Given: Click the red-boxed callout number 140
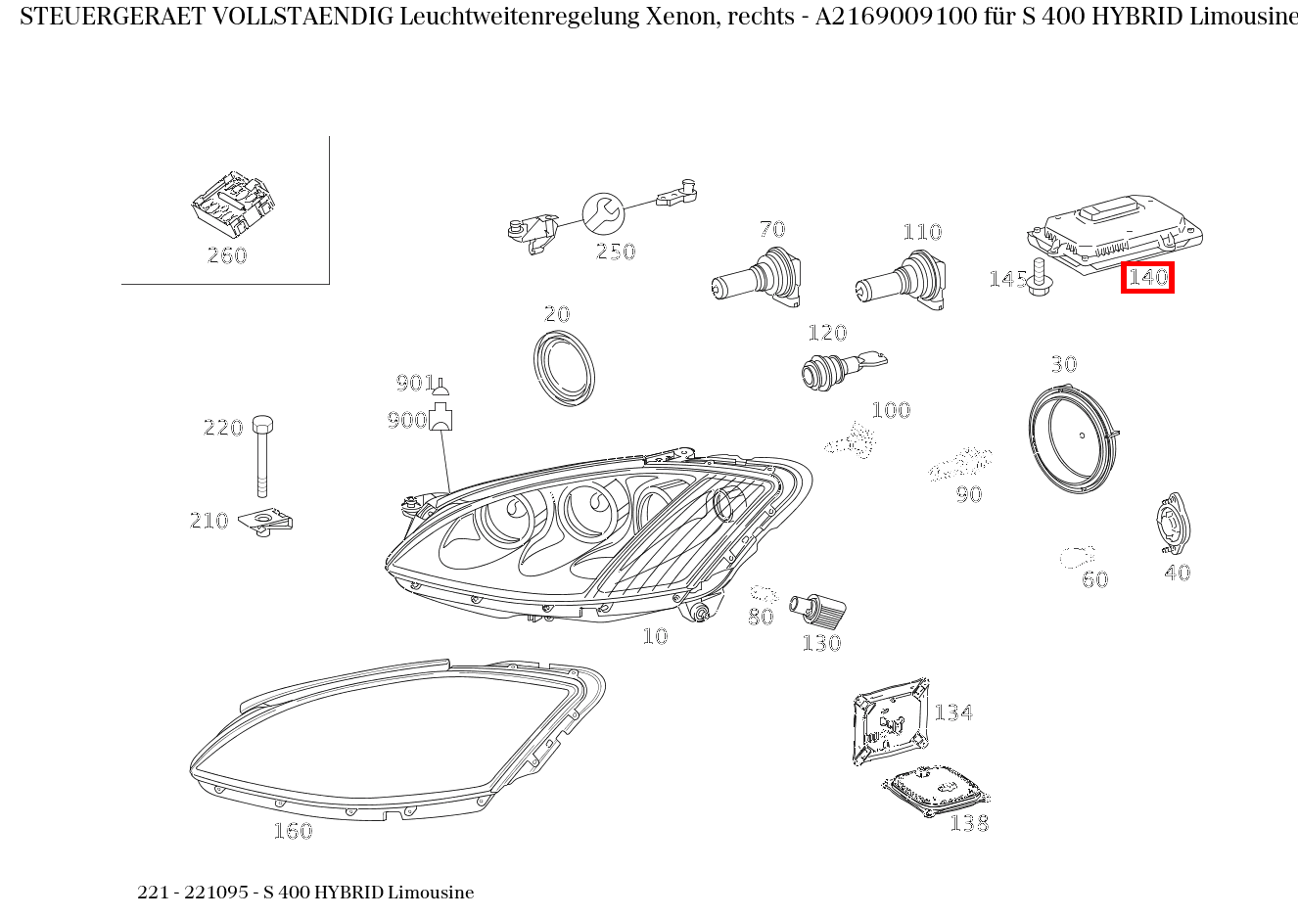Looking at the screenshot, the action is coord(1147,277).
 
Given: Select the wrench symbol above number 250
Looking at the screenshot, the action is coord(603,213).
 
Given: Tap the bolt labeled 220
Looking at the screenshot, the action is coord(262,456).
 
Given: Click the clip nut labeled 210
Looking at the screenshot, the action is coord(265,522).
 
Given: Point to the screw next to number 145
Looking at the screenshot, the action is coord(1039,277).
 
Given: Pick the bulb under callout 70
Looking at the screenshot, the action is coord(758,277).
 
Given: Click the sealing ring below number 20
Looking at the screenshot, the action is coord(565,368).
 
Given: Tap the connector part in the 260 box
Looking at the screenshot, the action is coord(233,204).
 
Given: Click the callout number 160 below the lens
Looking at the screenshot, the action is coord(294,831).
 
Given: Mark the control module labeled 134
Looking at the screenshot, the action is coord(891,721).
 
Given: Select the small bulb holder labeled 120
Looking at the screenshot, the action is coord(844,369).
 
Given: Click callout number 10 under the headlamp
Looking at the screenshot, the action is coord(656,636).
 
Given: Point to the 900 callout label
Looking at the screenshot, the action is coord(407,420).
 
